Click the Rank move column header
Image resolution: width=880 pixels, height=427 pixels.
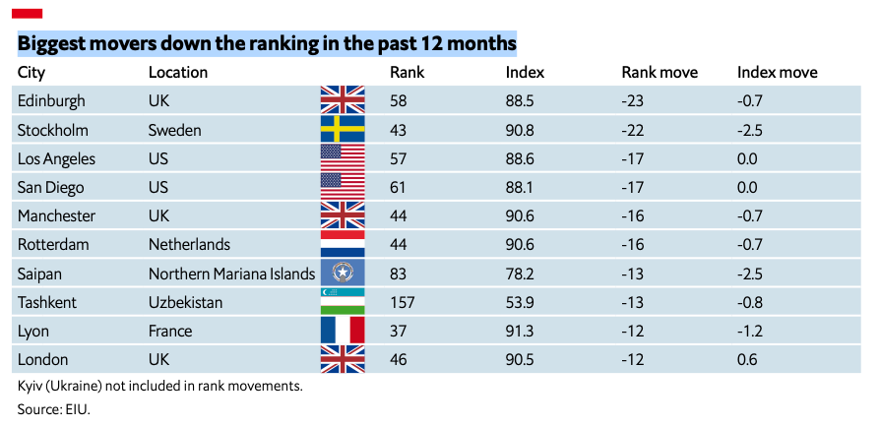660,73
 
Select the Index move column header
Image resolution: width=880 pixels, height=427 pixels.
778,73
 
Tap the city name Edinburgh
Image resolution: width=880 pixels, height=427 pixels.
51,101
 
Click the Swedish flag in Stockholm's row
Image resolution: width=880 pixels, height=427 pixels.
343,129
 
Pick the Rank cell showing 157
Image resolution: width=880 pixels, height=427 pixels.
403,302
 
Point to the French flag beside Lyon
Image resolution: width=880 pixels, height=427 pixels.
343,331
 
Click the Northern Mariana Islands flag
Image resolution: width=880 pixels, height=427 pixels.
343,273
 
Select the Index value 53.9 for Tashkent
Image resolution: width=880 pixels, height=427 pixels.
519,302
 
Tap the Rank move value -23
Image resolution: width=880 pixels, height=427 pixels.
633,101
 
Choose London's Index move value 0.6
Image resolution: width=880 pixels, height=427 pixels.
747,360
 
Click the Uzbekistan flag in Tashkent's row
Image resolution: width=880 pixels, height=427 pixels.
343,301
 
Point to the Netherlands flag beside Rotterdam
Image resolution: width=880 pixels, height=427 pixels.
343,244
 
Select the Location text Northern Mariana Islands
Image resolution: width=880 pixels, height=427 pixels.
231,274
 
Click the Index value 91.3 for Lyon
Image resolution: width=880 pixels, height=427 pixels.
519,331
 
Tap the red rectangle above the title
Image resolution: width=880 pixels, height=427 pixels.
27,14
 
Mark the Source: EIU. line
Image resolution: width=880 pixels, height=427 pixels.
54,409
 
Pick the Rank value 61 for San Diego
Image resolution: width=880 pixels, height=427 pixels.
398,187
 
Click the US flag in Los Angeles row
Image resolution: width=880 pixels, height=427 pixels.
343,157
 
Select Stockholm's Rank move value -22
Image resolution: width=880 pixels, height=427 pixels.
633,130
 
